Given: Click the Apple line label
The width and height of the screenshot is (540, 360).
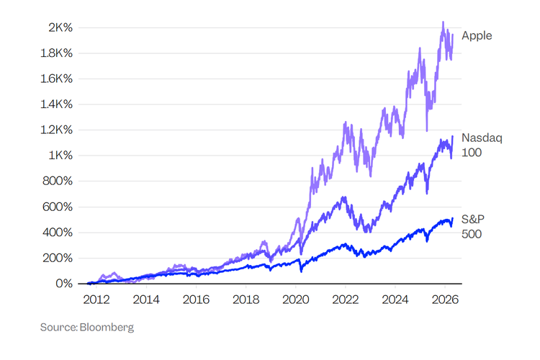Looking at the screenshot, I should click(477, 35).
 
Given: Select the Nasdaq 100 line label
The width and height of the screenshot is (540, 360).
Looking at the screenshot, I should click(477, 145).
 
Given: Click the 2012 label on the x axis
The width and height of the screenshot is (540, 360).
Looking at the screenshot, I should click(96, 299).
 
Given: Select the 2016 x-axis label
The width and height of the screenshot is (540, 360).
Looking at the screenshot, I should click(196, 299).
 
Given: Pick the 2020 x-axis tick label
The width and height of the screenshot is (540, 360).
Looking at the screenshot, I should click(296, 299).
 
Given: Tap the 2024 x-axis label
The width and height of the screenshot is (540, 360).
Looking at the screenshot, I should click(395, 299).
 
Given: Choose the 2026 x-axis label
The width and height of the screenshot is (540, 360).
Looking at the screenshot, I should click(445, 299).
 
